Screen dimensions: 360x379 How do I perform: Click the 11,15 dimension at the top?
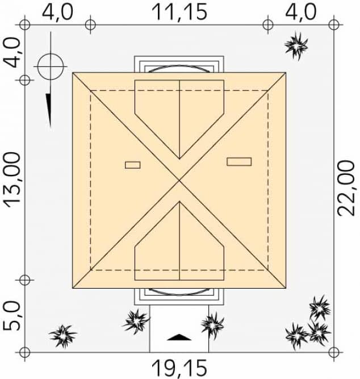tap(179, 12)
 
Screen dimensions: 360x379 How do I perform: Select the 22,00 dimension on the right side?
tap(346, 188)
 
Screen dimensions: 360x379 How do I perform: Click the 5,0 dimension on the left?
tap(11, 317)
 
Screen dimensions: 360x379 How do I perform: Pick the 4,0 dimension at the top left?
tap(57, 12)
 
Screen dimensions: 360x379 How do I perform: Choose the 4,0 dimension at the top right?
tap(300, 12)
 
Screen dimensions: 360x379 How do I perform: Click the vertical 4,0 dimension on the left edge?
tap(11, 53)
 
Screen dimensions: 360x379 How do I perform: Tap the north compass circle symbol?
tap(51, 66)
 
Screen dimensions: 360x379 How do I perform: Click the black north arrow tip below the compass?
tap(50, 126)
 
